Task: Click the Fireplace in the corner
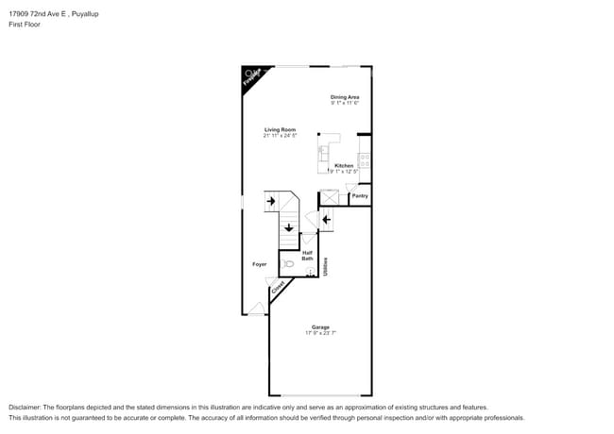pos(251,77)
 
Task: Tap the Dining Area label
pos(345,96)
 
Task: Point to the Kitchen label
pos(344,165)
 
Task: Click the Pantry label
pos(360,195)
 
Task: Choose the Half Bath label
pos(307,255)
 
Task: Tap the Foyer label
pos(259,264)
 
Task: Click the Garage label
pos(320,327)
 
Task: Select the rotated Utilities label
pos(326,267)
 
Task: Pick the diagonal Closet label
pos(278,290)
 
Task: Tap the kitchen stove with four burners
pos(365,160)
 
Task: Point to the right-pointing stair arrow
pos(270,201)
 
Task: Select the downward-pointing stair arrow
pos(289,226)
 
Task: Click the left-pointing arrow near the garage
pos(326,221)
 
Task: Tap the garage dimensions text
pos(320,333)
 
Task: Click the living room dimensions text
pos(280,136)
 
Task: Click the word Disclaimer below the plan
pos(27,407)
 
